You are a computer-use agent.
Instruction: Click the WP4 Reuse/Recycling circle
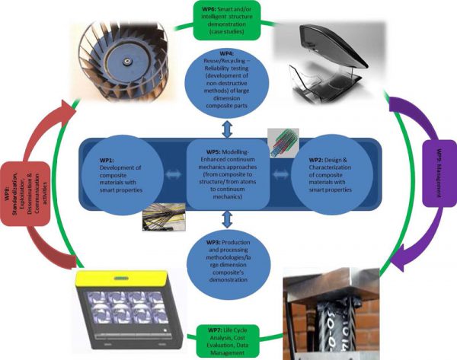[228, 88]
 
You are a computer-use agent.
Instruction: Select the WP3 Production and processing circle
[228, 260]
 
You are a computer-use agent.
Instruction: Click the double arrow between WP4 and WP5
[228, 126]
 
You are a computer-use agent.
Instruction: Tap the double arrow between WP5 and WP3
[228, 219]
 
